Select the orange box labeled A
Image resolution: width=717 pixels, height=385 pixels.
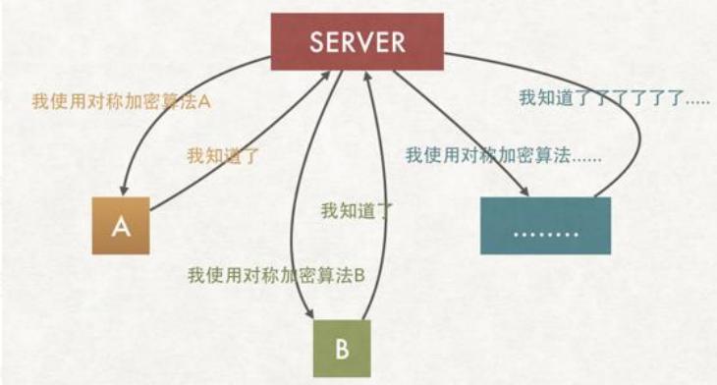(122, 226)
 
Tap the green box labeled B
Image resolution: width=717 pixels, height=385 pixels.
(342, 349)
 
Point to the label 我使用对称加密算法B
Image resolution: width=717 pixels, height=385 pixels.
(276, 275)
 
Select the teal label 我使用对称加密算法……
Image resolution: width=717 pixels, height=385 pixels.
(503, 155)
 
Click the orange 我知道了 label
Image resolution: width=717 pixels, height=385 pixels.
(223, 155)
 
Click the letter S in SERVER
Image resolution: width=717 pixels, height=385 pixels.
(316, 42)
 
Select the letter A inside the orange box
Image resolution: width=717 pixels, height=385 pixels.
(122, 227)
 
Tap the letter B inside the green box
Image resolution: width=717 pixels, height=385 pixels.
(342, 350)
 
